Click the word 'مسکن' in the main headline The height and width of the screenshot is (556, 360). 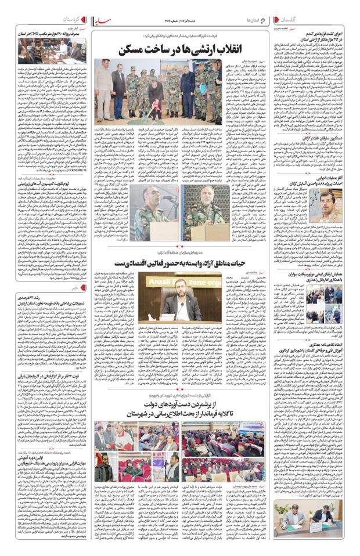(134, 49)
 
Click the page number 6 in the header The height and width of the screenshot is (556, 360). (262, 19)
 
